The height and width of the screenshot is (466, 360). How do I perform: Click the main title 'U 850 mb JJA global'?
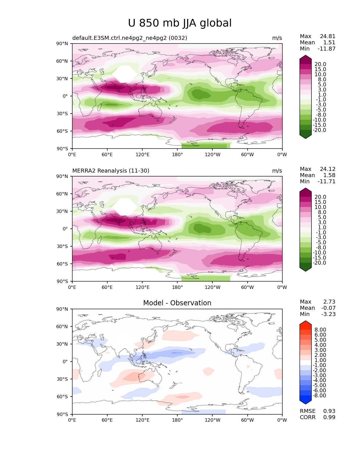pos(180,23)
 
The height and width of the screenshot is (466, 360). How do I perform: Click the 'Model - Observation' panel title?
pos(177,303)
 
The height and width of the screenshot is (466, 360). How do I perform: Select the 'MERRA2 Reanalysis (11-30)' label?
pos(111,171)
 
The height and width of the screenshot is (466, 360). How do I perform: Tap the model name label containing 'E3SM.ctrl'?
pos(130,38)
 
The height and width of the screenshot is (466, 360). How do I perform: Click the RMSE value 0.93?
pos(329,411)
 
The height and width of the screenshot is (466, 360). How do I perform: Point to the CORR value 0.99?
pos(329,417)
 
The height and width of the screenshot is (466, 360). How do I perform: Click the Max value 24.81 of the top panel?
pos(328,36)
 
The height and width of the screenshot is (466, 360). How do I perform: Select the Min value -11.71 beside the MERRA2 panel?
pos(326,182)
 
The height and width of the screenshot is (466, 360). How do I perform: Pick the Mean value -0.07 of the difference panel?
pos(328,308)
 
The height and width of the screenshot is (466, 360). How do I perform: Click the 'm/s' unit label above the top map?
pos(277,38)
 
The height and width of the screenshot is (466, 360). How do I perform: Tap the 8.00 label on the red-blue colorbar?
pos(320,330)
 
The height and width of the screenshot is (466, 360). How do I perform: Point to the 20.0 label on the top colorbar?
pos(320,64)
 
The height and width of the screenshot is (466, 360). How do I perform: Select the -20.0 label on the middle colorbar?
pos(319,263)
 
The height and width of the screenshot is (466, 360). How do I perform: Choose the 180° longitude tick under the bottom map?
pos(177,420)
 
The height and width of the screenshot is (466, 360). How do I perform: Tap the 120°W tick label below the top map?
pos(212,155)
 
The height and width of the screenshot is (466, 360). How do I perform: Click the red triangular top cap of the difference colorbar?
pos(306,323)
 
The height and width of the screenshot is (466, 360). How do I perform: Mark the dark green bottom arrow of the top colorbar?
pos(306,136)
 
